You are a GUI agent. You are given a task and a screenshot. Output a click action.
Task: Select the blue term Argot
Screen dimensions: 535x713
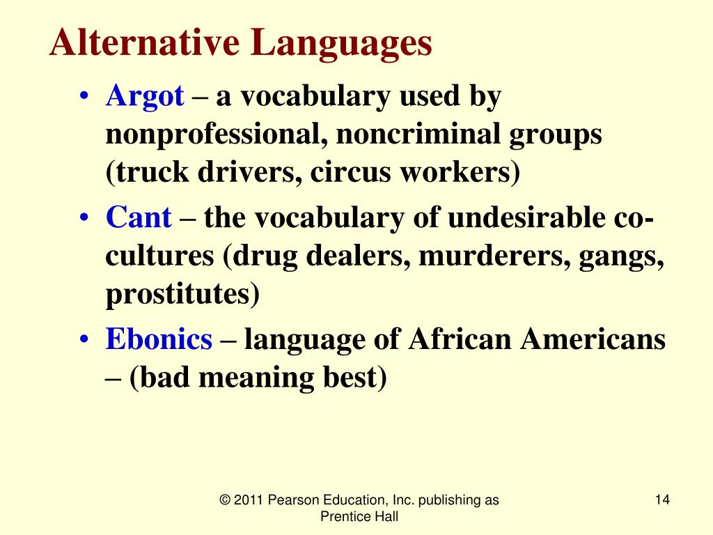click(145, 98)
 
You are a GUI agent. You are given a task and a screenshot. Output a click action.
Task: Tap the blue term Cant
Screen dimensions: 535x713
click(138, 218)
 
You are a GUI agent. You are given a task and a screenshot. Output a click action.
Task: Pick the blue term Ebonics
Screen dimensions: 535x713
click(159, 339)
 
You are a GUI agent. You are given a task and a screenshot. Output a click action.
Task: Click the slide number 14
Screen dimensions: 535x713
click(662, 499)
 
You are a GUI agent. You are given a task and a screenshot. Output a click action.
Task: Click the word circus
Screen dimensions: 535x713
click(351, 173)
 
